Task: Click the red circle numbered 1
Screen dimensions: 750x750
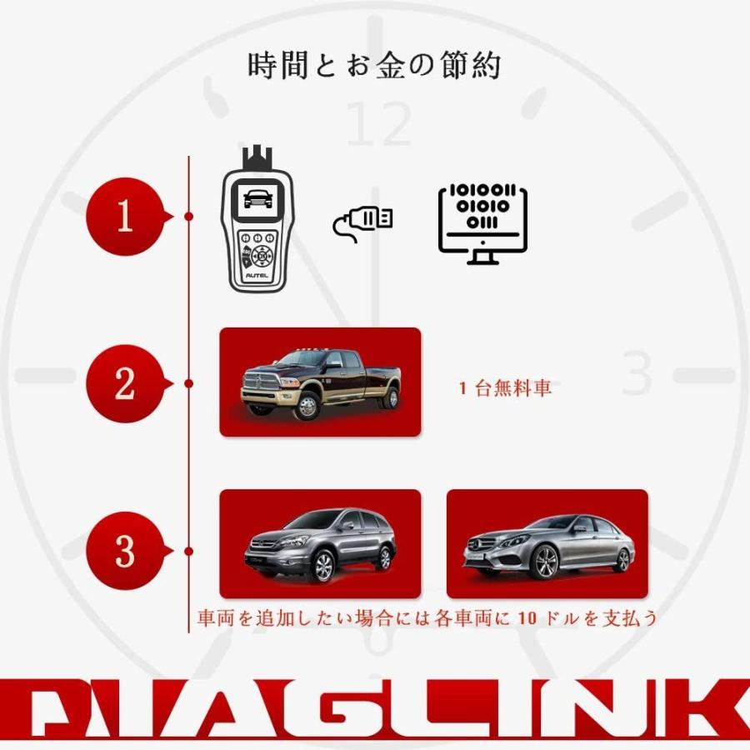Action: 125,217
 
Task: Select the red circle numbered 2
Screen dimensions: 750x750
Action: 125,383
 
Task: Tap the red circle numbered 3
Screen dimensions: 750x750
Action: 125,551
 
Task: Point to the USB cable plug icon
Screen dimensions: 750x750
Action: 363,222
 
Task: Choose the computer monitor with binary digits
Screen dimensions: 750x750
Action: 483,223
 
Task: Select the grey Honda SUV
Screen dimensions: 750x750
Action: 321,546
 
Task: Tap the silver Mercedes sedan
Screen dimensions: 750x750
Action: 548,546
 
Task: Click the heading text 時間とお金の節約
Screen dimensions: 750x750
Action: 374,66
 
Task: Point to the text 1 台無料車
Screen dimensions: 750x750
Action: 505,388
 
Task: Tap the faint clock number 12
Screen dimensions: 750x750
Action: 379,125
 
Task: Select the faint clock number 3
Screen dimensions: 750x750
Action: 637,375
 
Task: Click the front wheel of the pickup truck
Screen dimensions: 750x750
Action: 306,406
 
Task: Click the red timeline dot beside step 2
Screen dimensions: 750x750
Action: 189,383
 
